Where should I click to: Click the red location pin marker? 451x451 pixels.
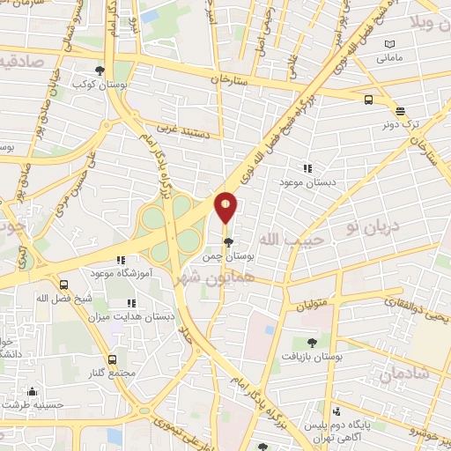226,207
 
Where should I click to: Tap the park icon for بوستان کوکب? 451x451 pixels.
100,71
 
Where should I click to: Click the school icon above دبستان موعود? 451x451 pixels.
307,167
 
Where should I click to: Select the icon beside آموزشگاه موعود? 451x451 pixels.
121,260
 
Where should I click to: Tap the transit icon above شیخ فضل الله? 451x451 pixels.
63,285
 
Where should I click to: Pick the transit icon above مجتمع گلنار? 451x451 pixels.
112,359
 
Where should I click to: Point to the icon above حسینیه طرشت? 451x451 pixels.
33,391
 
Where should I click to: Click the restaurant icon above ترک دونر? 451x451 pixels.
401,112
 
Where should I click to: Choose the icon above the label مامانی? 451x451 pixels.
390,44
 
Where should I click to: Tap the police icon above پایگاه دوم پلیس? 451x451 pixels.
338,412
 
